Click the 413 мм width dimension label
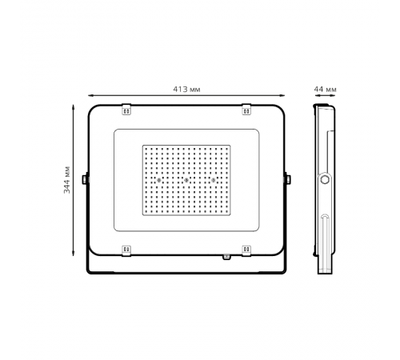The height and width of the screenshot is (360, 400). pos(186,89)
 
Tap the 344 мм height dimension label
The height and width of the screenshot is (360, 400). pos(67,180)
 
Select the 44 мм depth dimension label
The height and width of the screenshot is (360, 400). pos(325,89)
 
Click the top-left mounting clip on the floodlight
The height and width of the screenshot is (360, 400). pos(126,110)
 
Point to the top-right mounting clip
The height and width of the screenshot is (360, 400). pos(246,110)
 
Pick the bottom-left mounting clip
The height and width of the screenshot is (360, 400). pos(126,250)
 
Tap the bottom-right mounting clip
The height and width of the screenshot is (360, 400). pos(246,250)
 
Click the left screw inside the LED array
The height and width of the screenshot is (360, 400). pos(159,181)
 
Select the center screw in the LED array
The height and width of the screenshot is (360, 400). pos(186,181)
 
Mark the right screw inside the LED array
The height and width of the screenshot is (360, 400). pos(214,181)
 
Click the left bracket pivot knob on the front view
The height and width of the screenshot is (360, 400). pos(85,179)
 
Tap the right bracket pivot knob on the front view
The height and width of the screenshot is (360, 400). pos(288,179)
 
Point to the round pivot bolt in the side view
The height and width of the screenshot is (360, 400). pos(325,180)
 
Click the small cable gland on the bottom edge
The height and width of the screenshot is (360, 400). pos(226,257)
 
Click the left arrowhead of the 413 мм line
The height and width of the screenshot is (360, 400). pos(90,96)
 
